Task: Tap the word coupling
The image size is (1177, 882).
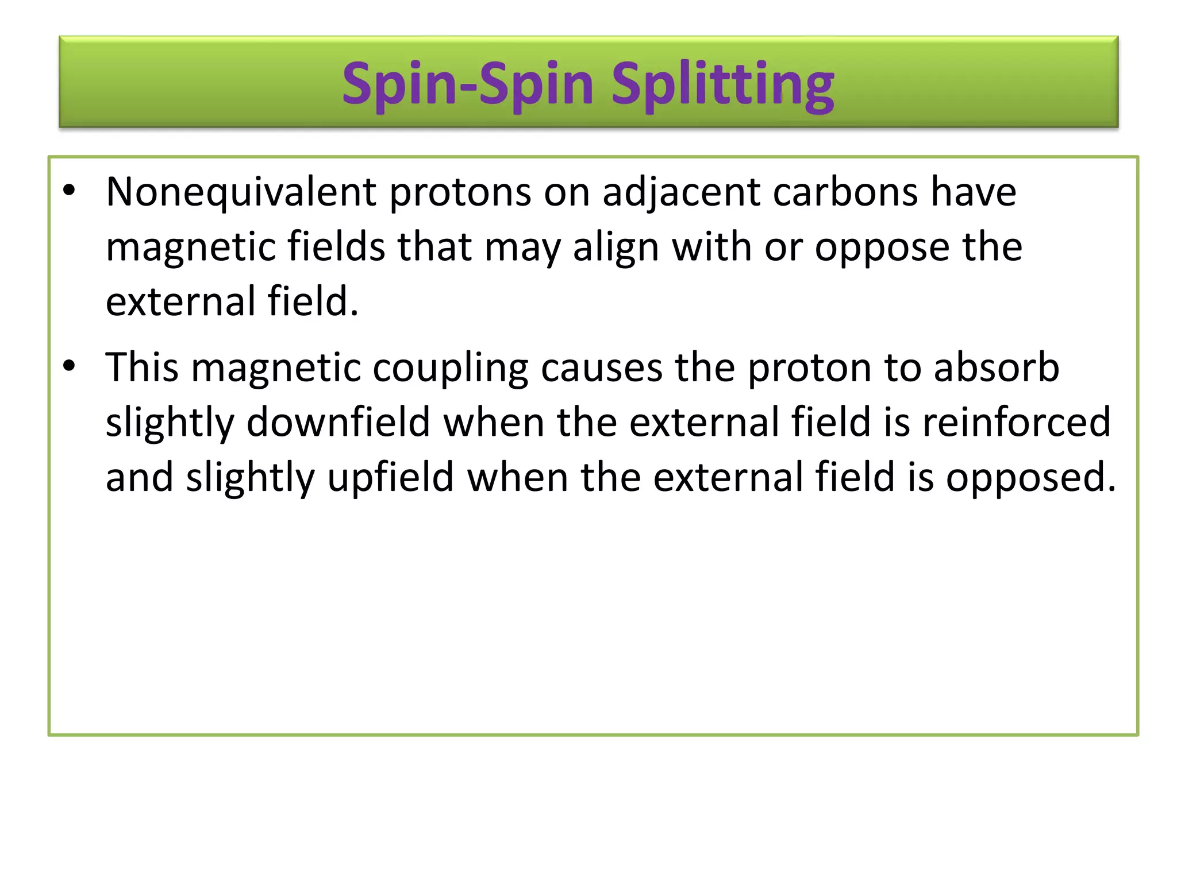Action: pyautogui.click(x=450, y=368)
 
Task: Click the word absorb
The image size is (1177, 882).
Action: pyautogui.click(x=997, y=368)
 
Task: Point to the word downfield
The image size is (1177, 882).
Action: pyautogui.click(x=339, y=423)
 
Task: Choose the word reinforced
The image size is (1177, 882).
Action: pyautogui.click(x=1016, y=423)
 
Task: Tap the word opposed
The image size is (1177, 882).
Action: pyautogui.click(x=1031, y=478)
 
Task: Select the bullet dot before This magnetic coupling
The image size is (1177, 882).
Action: pyautogui.click(x=70, y=366)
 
